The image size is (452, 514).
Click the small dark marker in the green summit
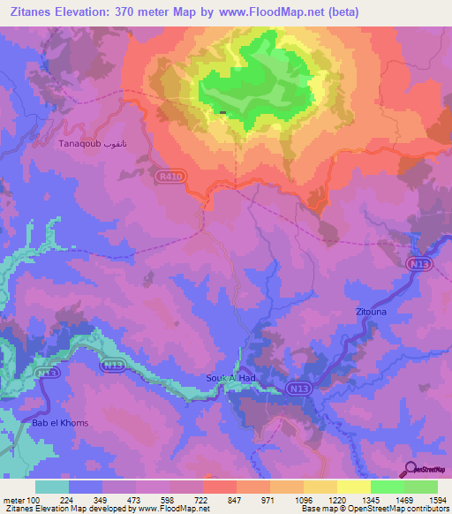(x=222, y=112)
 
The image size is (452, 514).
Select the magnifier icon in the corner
(x=412, y=469)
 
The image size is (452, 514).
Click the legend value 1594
(x=426, y=500)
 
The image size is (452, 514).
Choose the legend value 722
(x=202, y=500)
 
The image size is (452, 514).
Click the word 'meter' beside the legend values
(x=13, y=500)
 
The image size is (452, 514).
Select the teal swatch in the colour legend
(x=51, y=487)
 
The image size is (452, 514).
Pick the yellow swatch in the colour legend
(x=353, y=487)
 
